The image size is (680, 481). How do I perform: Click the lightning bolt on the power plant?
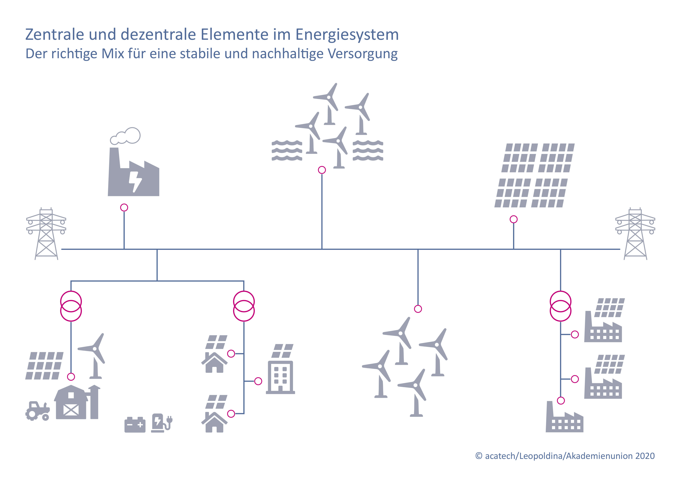click(x=135, y=182)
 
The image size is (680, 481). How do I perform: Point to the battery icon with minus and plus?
click(x=135, y=425)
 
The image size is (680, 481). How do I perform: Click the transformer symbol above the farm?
click(x=71, y=306)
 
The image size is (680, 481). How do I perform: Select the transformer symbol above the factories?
click(x=560, y=306)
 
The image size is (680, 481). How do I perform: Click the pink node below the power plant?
click(x=124, y=207)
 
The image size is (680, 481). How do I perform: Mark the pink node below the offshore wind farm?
click(x=322, y=170)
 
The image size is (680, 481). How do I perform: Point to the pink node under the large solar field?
click(x=514, y=219)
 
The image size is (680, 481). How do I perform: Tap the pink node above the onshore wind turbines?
click(x=418, y=309)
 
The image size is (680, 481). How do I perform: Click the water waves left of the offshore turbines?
click(x=287, y=151)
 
